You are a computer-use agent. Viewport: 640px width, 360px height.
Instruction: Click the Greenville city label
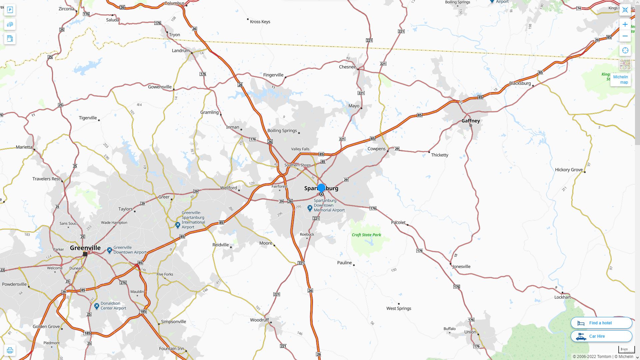coord(85,248)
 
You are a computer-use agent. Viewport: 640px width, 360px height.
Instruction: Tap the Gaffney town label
coord(471,121)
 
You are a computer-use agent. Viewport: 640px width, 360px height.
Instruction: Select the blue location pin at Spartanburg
coord(321,188)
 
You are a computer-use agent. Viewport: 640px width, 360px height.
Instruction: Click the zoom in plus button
coord(625,24)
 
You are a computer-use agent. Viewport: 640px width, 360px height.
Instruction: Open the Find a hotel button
coord(601,323)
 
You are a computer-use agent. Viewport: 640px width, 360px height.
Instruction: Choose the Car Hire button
coord(601,336)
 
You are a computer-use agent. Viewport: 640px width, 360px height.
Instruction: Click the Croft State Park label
coord(366,235)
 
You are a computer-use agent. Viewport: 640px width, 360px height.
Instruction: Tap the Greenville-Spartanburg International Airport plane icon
coord(178,225)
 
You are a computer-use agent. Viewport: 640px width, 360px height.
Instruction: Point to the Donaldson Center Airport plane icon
coord(97,306)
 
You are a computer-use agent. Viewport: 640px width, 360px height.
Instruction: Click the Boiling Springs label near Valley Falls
coord(282,130)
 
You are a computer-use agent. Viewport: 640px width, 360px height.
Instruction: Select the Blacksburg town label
coord(520,83)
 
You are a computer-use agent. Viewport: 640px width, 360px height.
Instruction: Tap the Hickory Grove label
coord(569,170)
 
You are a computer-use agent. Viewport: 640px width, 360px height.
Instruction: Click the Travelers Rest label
coord(46,179)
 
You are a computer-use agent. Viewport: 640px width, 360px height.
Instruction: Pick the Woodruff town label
coord(259,320)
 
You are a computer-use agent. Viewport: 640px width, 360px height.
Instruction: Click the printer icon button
coord(10,350)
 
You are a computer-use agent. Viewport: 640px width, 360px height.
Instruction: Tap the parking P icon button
coord(10,10)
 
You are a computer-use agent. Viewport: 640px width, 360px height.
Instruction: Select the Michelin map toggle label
coord(620,79)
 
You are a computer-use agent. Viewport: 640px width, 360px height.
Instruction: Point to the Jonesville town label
coord(461,266)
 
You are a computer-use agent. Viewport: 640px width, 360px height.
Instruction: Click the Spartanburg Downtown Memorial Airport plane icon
coord(310,208)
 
